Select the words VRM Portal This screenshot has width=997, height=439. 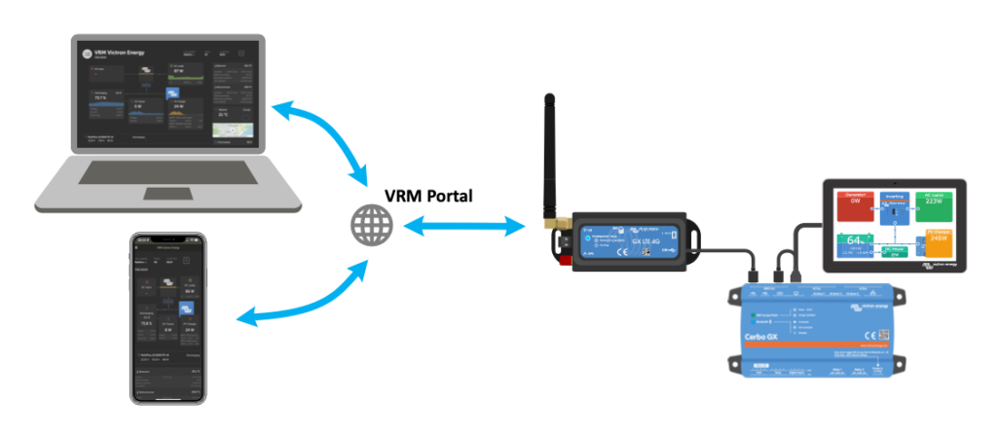click(427, 196)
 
